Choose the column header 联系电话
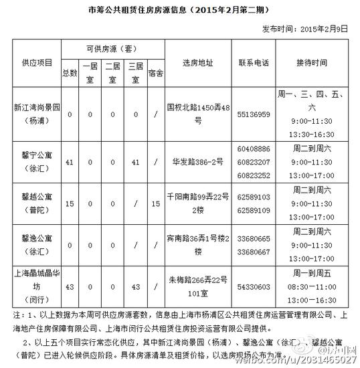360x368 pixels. tap(254, 62)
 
